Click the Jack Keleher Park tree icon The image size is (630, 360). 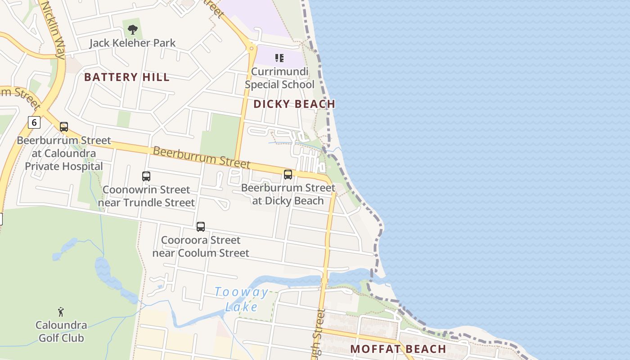(x=132, y=30)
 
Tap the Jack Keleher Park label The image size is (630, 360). (x=132, y=43)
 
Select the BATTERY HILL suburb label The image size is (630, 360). (x=127, y=77)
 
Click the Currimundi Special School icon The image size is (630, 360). (x=279, y=58)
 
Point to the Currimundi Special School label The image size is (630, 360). (x=279, y=78)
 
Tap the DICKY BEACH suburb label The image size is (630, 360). (x=294, y=104)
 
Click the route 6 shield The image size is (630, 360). (x=34, y=122)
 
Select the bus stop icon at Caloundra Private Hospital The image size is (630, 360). (x=64, y=127)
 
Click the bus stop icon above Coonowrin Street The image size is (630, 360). (x=146, y=176)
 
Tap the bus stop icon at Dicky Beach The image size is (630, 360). (x=288, y=175)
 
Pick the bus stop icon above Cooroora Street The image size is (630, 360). (x=201, y=227)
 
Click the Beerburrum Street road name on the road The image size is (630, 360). (x=201, y=157)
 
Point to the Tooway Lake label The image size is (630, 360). (x=241, y=299)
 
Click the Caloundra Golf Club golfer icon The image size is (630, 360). (x=61, y=311)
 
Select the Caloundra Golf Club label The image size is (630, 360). (x=61, y=331)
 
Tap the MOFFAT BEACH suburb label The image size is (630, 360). (x=398, y=349)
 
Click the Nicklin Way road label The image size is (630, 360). (x=54, y=30)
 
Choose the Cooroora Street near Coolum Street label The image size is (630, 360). (x=201, y=247)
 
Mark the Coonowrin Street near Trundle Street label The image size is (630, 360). (x=146, y=196)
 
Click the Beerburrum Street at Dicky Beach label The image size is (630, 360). (x=288, y=194)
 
